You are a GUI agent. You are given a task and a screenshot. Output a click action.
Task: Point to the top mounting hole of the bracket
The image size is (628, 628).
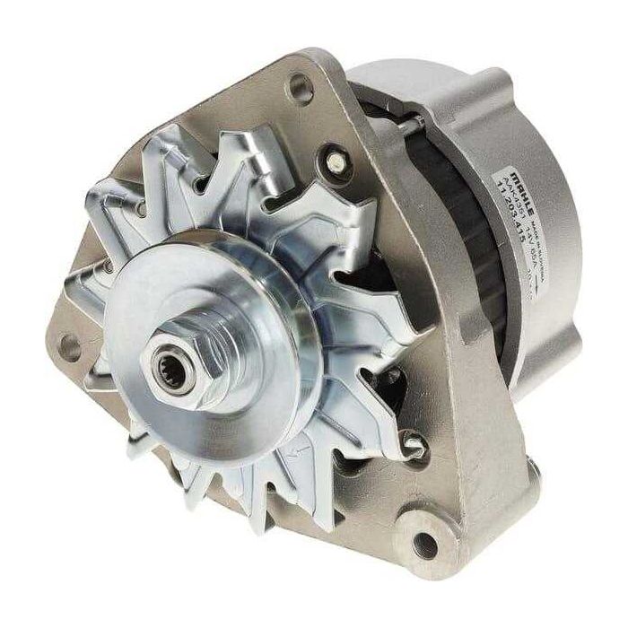click(301, 88)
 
